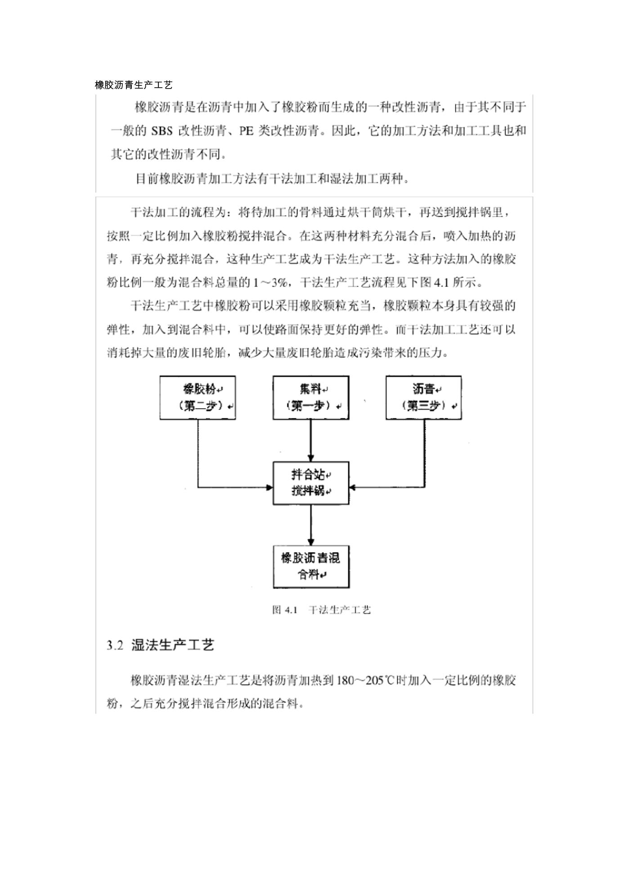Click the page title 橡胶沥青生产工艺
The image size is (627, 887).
pyautogui.click(x=134, y=85)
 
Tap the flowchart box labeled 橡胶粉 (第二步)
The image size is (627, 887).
pyautogui.click(x=198, y=398)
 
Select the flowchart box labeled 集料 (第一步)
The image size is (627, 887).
pyautogui.click(x=311, y=398)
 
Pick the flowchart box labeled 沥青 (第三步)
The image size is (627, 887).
pyautogui.click(x=424, y=398)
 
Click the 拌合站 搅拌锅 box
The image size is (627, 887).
pyautogui.click(x=311, y=483)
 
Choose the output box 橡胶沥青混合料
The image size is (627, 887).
pyautogui.click(x=311, y=567)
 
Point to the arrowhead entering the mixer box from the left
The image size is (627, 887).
pyautogui.click(x=269, y=487)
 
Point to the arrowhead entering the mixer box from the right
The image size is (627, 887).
pyautogui.click(x=353, y=487)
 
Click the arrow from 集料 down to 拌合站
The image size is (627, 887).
pyautogui.click(x=311, y=441)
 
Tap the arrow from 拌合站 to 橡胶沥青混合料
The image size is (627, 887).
pyautogui.click(x=311, y=525)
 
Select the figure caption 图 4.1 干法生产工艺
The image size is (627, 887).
pyautogui.click(x=322, y=610)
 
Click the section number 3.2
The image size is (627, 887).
pyautogui.click(x=115, y=646)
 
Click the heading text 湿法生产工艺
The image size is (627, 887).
pyautogui.click(x=172, y=646)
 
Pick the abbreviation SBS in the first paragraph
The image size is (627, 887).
pyautogui.click(x=162, y=131)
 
